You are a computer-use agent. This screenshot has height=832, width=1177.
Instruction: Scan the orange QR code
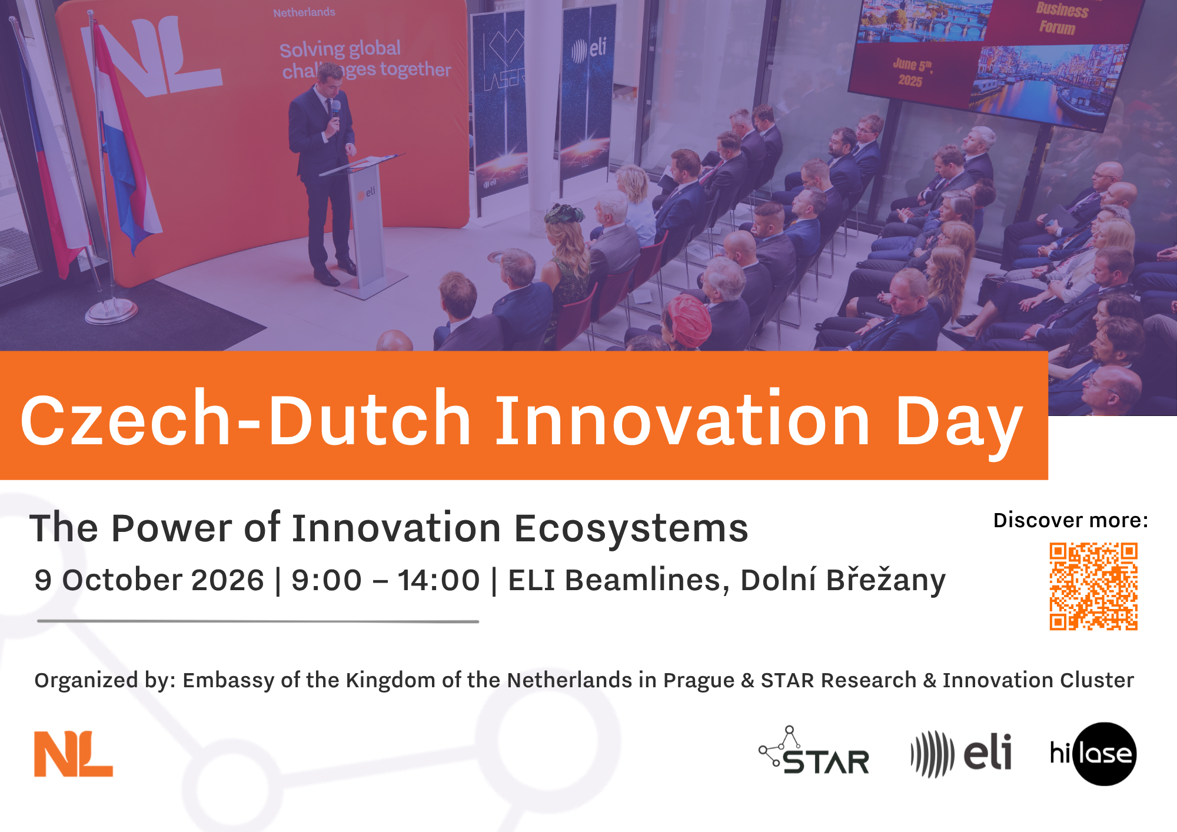[x=1093, y=586]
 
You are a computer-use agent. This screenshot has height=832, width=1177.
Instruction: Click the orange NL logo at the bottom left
[x=73, y=754]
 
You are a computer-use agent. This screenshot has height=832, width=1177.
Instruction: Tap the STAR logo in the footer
[x=814, y=751]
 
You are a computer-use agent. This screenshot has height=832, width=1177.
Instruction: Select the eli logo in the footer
[x=961, y=754]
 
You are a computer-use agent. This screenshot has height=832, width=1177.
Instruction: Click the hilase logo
[x=1093, y=754]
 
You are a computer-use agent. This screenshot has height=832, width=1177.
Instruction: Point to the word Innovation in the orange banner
[x=682, y=420]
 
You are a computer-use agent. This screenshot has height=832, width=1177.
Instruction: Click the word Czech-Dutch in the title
[x=246, y=418]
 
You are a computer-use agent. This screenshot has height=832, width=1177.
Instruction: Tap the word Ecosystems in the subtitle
[x=631, y=528]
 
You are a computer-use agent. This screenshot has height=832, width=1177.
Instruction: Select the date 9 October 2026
[x=149, y=580]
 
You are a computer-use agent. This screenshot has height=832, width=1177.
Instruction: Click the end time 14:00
[x=439, y=580]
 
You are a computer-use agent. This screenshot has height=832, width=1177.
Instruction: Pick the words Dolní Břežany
[x=843, y=580]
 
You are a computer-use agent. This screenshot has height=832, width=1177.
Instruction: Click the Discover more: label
[x=1070, y=520]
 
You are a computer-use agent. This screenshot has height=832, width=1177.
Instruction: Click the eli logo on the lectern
[x=366, y=194]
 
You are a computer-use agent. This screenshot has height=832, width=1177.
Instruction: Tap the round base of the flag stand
[x=111, y=311]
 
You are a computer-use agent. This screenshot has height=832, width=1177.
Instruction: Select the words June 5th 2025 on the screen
[x=912, y=72]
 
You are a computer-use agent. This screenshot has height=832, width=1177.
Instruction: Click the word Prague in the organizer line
[x=699, y=680]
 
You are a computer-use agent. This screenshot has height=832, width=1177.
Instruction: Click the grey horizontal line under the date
[x=258, y=621]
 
